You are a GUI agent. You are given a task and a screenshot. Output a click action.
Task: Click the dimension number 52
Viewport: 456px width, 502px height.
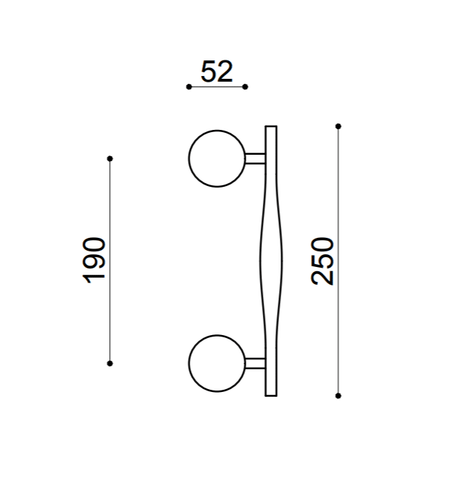(x=217, y=72)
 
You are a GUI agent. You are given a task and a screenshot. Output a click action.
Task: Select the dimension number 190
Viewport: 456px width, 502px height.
(x=94, y=261)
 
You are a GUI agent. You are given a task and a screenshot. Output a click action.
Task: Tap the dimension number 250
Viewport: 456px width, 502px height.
(x=322, y=261)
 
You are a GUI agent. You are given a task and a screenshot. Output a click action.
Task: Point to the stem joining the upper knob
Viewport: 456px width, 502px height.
(x=255, y=158)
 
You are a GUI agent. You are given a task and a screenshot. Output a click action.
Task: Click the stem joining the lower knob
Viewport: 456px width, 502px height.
(x=255, y=364)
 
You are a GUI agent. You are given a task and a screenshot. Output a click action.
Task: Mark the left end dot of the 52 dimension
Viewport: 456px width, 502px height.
(x=189, y=87)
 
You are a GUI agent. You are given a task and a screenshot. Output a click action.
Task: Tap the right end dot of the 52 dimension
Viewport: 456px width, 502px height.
(x=245, y=87)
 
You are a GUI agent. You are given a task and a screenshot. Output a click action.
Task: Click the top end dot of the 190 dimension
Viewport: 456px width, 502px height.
(x=110, y=158)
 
